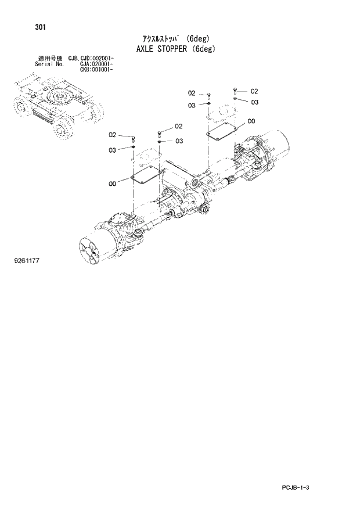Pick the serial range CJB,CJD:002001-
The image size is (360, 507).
pos(91,59)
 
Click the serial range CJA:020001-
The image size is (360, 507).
pos(96,64)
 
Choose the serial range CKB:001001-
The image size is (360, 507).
pos(96,69)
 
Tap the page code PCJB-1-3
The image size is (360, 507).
pos(304,487)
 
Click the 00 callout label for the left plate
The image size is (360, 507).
pos(113,184)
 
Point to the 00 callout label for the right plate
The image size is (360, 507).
pos(251,121)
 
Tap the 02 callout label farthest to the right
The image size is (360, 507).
pos(254,91)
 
